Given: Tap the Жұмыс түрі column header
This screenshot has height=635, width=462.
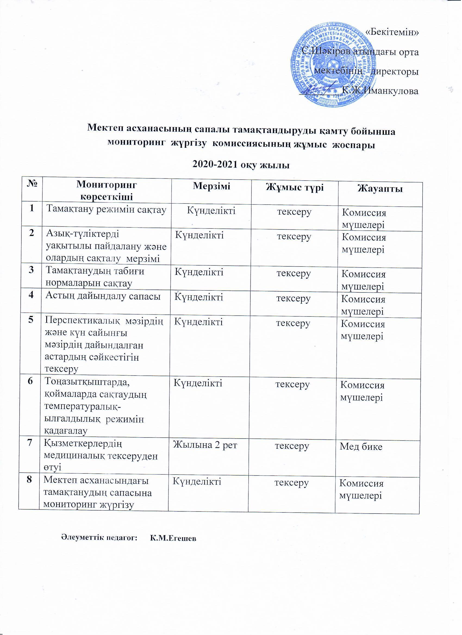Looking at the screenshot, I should click(x=295, y=187).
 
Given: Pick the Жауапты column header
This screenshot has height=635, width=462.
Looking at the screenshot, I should click(x=380, y=189).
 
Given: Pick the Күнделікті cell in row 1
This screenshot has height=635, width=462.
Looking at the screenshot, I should click(x=211, y=210).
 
